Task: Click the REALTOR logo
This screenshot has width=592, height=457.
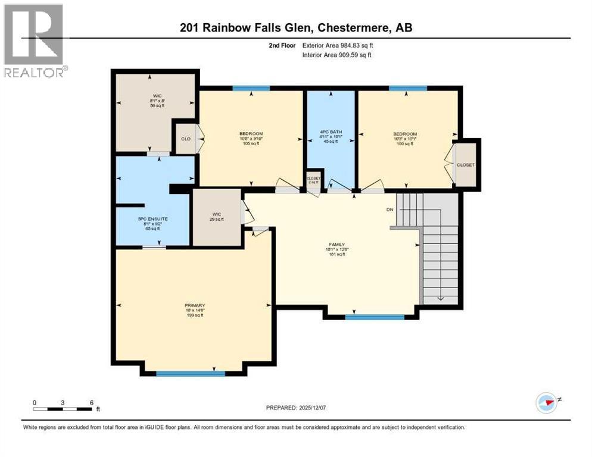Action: [x=34, y=40]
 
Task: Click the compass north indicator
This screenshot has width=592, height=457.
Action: [x=546, y=402]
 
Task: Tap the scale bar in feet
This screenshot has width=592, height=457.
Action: [x=63, y=406]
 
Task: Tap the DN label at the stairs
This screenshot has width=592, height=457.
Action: [x=390, y=209]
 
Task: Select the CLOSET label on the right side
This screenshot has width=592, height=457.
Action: [x=466, y=164]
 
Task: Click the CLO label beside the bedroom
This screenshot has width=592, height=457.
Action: [x=185, y=139]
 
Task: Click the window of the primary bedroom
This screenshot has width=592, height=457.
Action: [x=191, y=374]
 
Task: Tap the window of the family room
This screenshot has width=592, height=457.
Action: [x=375, y=317]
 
